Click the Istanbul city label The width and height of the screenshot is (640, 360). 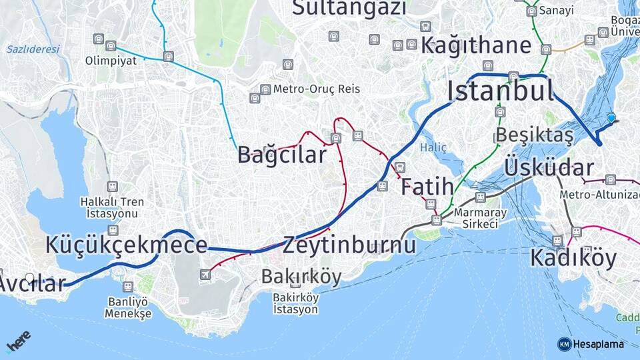[500, 90]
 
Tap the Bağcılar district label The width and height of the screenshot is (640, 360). [282, 155]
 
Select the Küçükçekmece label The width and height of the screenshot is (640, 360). [126, 245]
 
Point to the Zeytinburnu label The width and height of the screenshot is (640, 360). [349, 245]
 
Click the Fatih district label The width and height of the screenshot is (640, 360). [427, 187]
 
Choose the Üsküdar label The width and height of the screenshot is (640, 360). [549, 167]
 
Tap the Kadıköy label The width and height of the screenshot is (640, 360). [573, 258]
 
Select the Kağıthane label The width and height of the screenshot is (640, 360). [476, 46]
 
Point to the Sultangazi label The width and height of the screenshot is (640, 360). [349, 8]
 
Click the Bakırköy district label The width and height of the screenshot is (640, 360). [301, 277]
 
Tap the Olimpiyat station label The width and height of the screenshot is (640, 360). [111, 61]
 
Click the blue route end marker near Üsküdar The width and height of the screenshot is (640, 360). [611, 118]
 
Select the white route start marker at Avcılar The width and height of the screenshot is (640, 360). [29, 277]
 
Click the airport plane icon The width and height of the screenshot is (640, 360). [205, 274]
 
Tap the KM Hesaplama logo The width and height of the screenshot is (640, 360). [591, 344]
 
